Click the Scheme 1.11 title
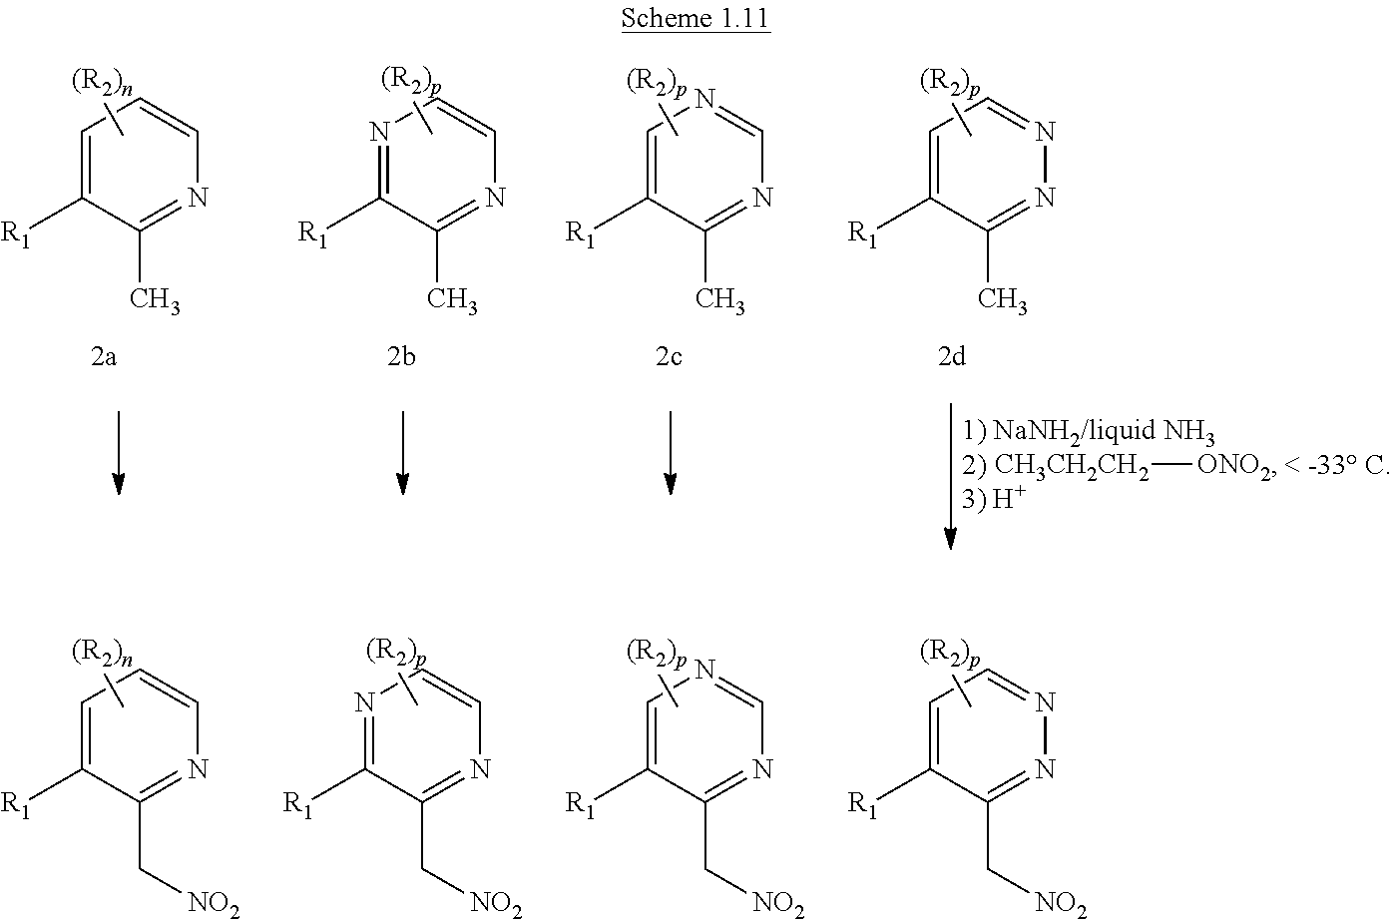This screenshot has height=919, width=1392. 696,20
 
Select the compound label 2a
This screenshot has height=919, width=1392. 104,356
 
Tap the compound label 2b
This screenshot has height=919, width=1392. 401,356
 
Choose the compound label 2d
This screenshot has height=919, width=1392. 951,356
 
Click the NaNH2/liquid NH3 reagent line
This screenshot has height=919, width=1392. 1089,431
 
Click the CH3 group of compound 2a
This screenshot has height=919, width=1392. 155,300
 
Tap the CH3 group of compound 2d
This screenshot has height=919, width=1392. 1003,300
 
